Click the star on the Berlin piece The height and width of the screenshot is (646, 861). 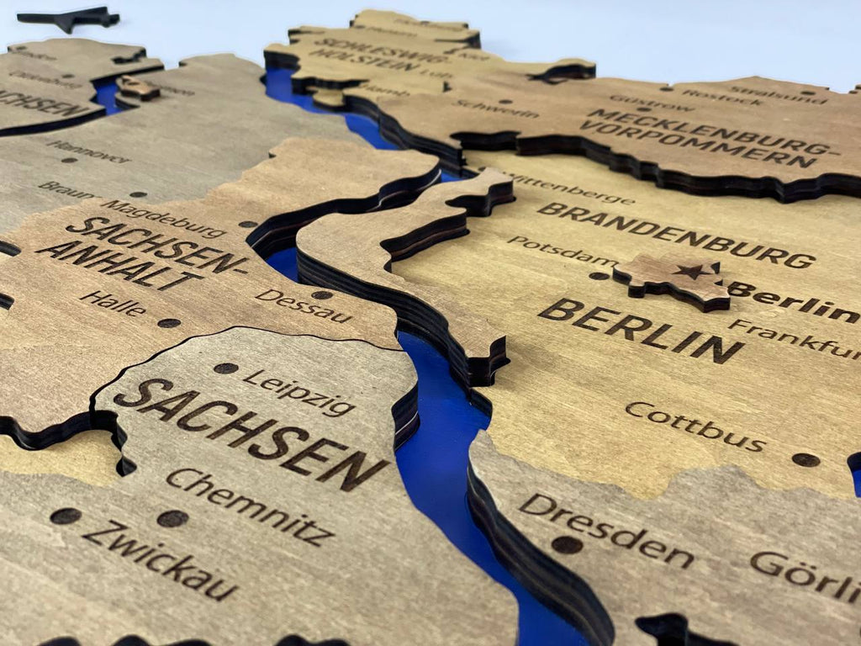[694, 272]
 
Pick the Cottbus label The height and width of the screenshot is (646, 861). [695, 426]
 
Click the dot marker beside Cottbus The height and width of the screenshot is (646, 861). [806, 459]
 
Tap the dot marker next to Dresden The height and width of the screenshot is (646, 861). [567, 544]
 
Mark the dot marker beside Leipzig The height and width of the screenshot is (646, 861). [225, 368]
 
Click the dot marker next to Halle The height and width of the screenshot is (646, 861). [168, 323]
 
